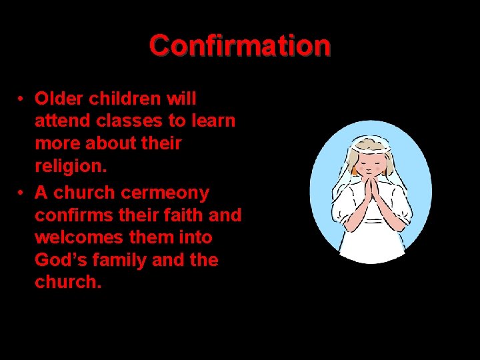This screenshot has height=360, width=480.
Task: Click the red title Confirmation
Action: [x=240, y=45]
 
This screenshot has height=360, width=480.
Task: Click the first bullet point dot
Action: [x=22, y=99]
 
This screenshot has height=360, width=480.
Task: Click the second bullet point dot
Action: [x=22, y=193]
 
